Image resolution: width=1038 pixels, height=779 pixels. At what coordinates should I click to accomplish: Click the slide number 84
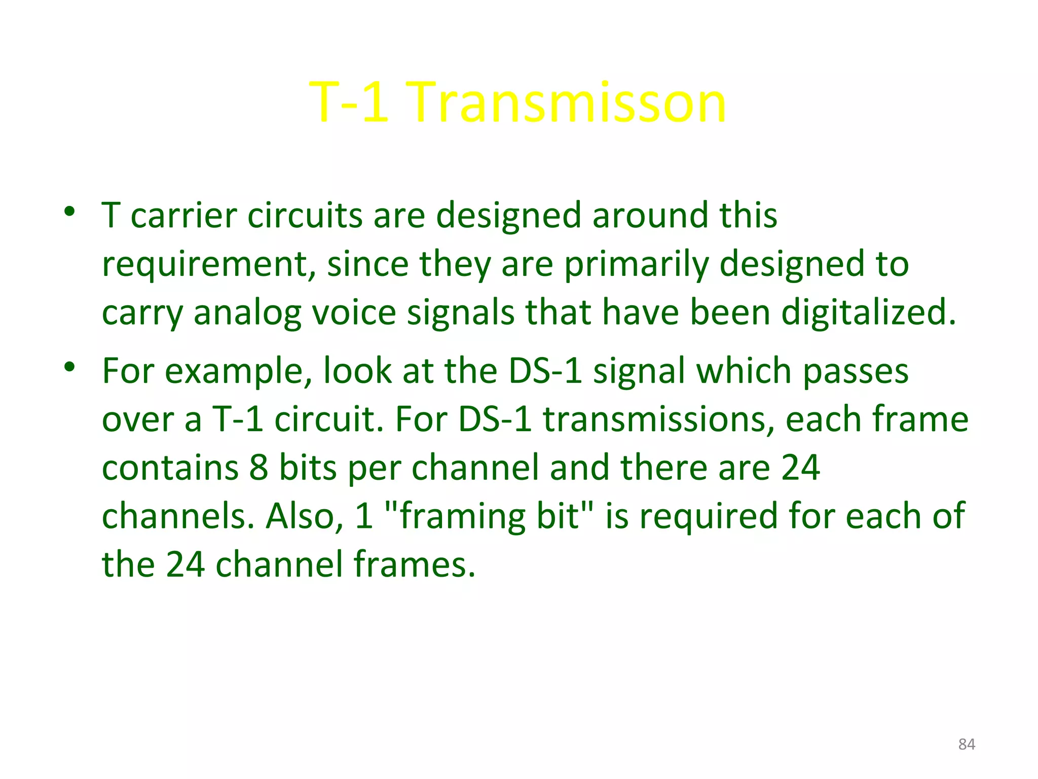[x=967, y=744]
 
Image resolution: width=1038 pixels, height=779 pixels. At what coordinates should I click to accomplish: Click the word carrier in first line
[x=183, y=216]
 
